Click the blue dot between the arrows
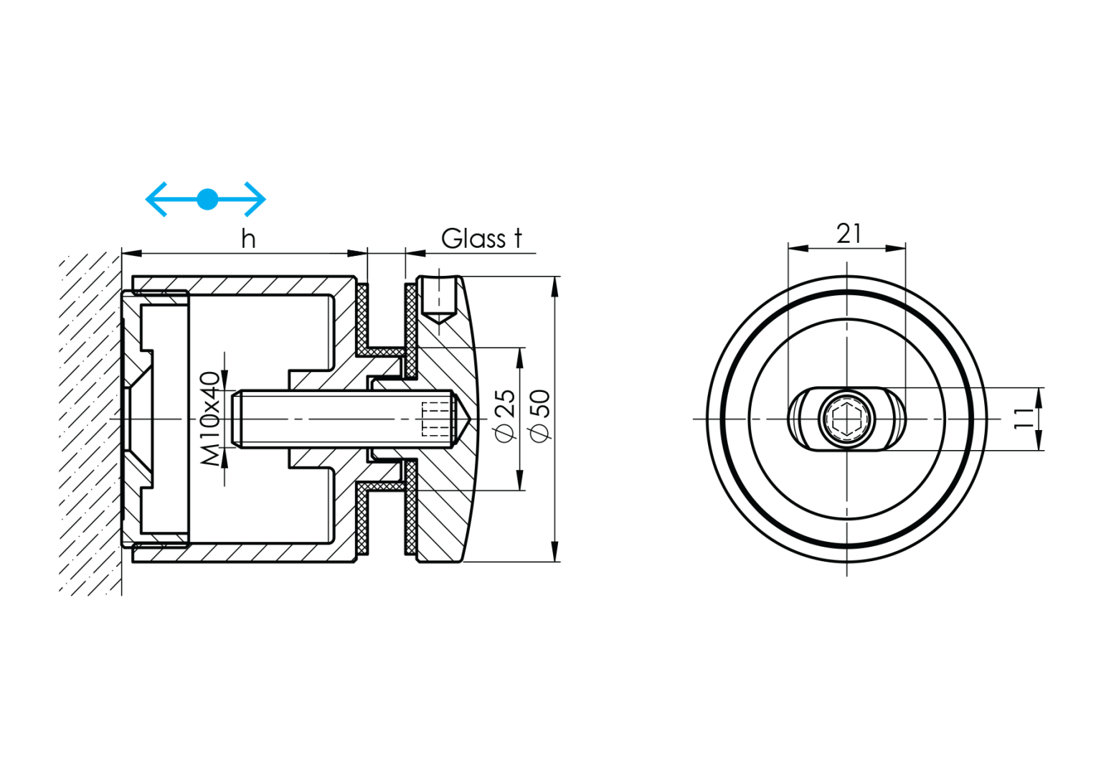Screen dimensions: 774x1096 207,199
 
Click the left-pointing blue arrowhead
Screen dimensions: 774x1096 154,199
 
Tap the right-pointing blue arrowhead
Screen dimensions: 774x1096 257,199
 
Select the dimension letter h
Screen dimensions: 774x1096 248,239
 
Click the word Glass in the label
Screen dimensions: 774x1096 473,239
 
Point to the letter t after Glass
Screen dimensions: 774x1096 517,239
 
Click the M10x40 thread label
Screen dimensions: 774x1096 210,419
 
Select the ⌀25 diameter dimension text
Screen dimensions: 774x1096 506,416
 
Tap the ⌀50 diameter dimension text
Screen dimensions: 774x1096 539,416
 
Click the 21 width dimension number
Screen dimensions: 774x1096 849,234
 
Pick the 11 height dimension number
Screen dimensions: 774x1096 1024,419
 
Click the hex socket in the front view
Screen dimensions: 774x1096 846,419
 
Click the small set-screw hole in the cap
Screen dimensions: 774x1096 438,297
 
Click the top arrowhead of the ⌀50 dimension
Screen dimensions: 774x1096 554,286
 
